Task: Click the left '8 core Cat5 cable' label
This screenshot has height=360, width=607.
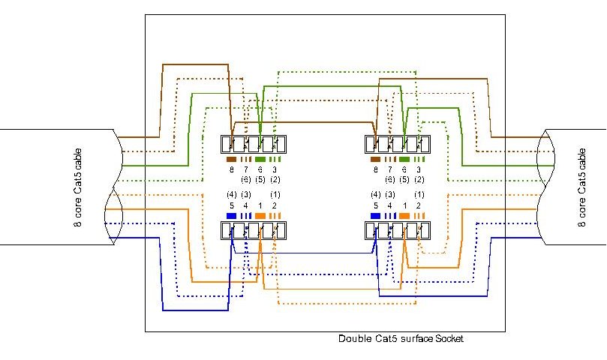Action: [79, 187]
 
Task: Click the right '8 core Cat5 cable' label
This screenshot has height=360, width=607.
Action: [583, 187]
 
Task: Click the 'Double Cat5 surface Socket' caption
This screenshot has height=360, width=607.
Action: [401, 339]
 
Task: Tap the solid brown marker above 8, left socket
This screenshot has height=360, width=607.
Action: [231, 160]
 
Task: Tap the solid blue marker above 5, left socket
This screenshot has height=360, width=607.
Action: [231, 215]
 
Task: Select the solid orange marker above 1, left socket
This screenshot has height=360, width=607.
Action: [260, 215]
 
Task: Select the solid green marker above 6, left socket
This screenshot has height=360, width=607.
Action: [260, 160]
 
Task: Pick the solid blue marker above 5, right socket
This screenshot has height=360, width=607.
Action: [375, 215]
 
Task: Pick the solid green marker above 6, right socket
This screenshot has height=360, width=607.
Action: [404, 160]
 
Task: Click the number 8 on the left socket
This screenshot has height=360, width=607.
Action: [231, 169]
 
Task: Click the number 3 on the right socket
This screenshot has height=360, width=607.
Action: [419, 169]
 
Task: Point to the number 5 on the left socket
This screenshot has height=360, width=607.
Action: [231, 205]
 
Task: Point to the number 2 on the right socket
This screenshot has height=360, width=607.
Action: [419, 205]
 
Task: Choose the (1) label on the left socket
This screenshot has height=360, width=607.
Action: [275, 195]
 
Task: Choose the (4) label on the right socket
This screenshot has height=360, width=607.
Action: [375, 195]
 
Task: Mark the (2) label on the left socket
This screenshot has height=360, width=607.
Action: [275, 179]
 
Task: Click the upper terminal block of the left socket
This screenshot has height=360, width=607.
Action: [253, 143]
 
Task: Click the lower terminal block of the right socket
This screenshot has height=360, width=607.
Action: [397, 230]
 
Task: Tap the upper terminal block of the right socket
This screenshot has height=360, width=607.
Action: [397, 143]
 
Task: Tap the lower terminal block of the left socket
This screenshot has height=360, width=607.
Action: [253, 230]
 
